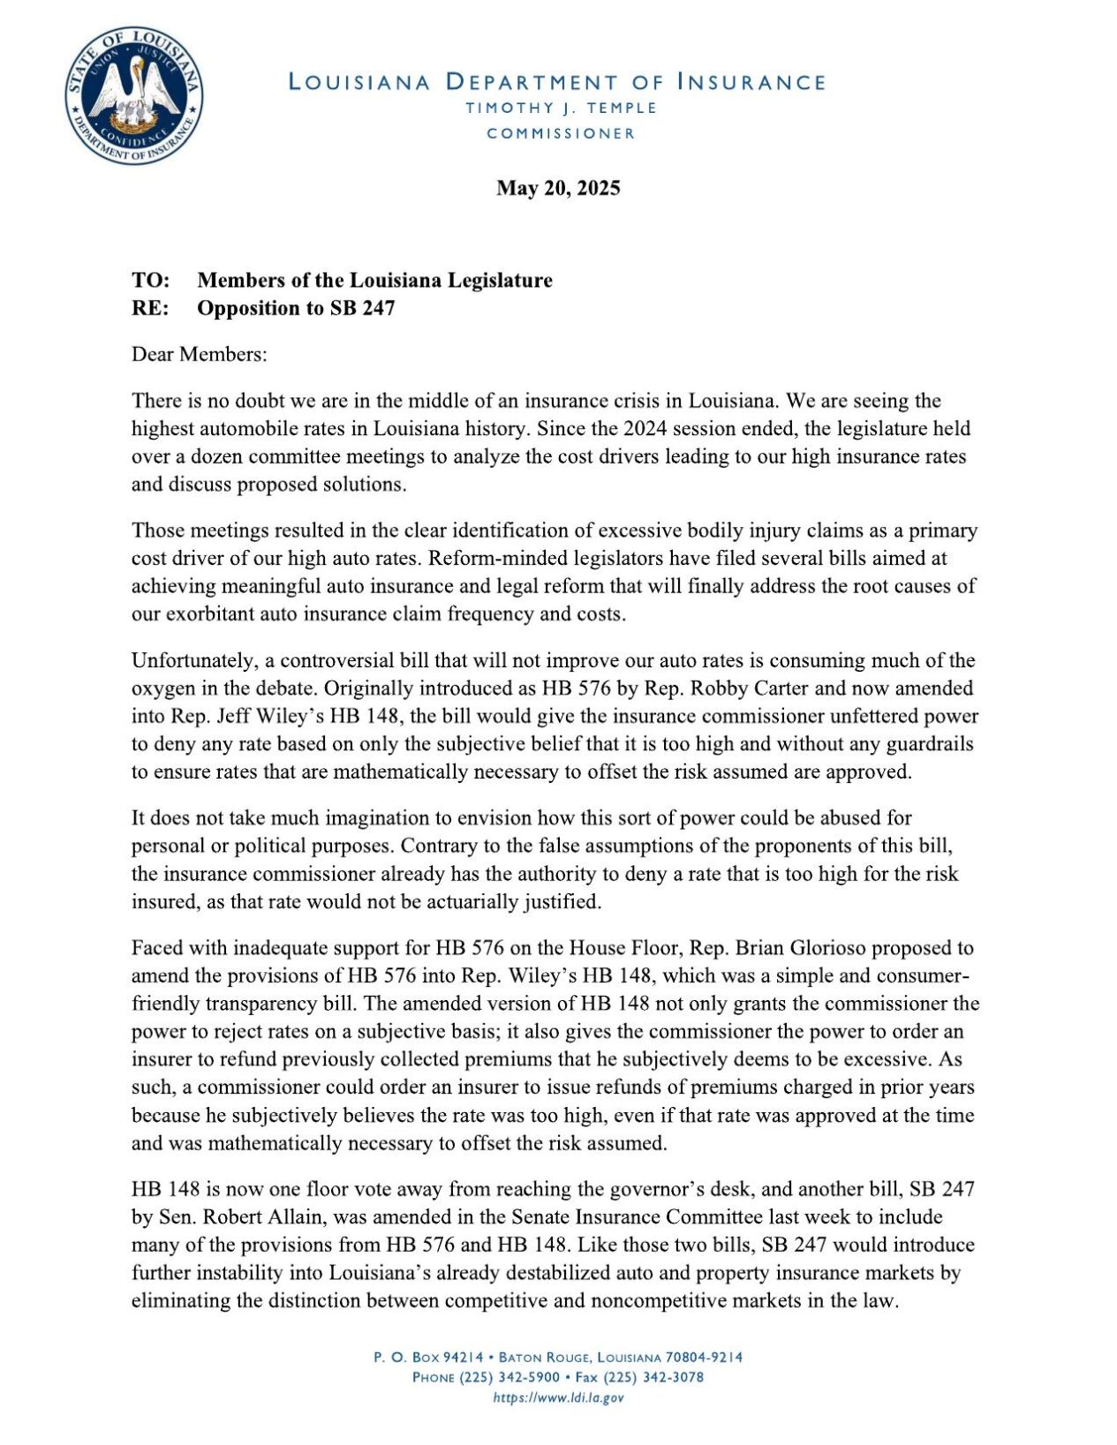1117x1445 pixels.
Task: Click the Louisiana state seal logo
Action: pos(133,94)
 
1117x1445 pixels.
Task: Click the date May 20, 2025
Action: pos(558,188)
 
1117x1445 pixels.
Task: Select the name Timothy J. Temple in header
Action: pos(562,108)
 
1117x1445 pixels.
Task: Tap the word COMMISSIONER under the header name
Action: pos(561,134)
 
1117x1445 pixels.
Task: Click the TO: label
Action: pos(150,281)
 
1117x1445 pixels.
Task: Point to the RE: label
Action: pos(150,308)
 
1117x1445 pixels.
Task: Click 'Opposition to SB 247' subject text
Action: pos(296,308)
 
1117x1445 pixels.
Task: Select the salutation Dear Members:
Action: pos(199,355)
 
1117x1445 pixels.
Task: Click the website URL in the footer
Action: pos(558,1397)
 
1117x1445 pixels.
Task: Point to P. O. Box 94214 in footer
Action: pos(428,1357)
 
